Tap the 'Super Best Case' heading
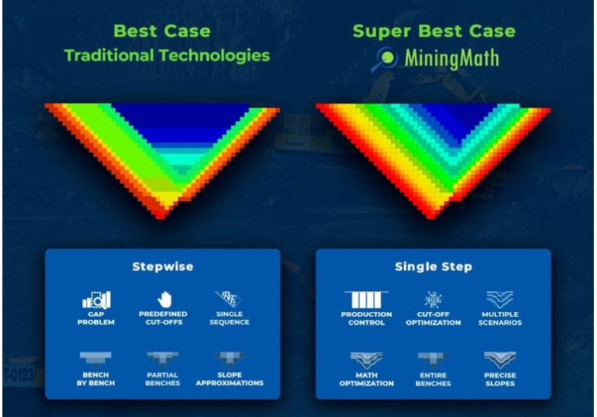click(x=434, y=32)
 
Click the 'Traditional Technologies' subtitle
click(x=167, y=55)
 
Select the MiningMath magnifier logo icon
click(x=386, y=57)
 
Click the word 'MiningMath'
click(x=452, y=58)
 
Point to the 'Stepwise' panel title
click(x=162, y=266)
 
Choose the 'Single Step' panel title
click(x=433, y=266)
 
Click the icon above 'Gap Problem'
click(x=96, y=299)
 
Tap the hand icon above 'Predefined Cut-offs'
click(x=162, y=298)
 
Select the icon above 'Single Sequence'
click(x=229, y=299)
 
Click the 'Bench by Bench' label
click(x=96, y=378)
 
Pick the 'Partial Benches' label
click(x=162, y=378)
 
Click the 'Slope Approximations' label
click(x=229, y=378)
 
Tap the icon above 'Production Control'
click(x=365, y=299)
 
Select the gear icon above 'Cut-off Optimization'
click(x=433, y=299)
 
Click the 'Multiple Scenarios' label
click(x=501, y=318)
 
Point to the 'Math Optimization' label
click(x=365, y=379)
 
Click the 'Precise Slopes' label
click(x=501, y=379)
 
